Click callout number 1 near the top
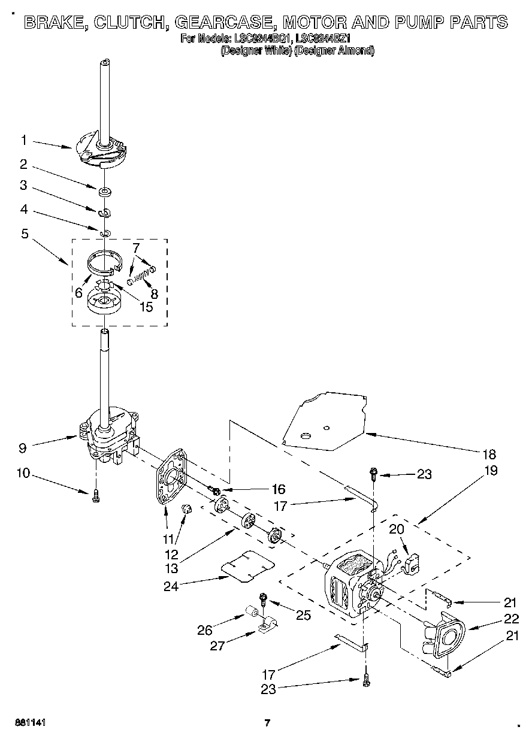coord(23,140)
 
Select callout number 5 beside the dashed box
coord(25,234)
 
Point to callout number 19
coord(490,470)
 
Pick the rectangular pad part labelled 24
coord(247,565)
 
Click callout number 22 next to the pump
coord(510,620)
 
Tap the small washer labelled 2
coord(105,192)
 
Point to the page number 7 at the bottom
coord(267,723)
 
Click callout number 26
coord(205,629)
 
